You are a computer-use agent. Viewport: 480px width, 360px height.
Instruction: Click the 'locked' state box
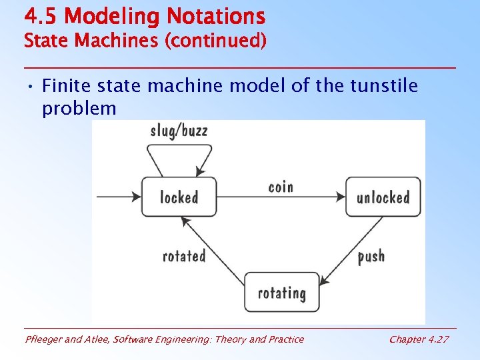click(179, 197)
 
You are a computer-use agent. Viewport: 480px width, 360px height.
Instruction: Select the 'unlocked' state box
click(383, 197)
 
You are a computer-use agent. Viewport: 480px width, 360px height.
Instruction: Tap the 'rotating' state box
click(281, 292)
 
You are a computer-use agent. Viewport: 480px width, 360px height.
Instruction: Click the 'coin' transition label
click(281, 187)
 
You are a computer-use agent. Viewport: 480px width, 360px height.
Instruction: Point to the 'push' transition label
click(371, 256)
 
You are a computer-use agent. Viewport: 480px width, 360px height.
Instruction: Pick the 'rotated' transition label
click(184, 255)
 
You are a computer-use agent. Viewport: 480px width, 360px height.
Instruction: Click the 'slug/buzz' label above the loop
click(179, 130)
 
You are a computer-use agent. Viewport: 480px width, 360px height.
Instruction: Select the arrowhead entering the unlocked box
click(341, 197)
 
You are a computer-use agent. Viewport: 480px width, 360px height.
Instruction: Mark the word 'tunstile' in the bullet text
click(385, 86)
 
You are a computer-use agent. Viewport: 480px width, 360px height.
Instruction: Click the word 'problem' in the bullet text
click(79, 108)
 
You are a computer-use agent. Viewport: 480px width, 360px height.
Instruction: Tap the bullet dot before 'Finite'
click(31, 87)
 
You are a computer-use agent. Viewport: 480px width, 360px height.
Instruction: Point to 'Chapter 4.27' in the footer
click(419, 339)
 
